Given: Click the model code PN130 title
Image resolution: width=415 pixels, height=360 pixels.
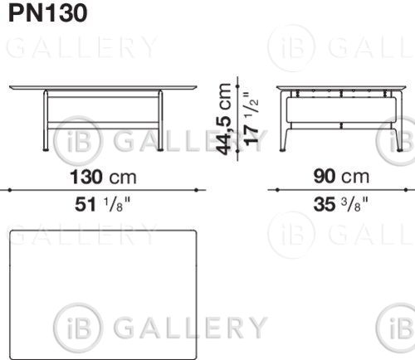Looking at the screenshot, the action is (x=48, y=13).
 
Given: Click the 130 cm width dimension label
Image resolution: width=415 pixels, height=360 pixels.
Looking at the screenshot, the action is (x=103, y=178).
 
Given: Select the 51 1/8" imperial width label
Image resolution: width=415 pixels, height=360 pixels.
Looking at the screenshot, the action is (x=102, y=205).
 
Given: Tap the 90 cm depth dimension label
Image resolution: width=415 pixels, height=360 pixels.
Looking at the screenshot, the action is (x=341, y=177).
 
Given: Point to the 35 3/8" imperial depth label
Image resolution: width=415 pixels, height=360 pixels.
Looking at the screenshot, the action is (x=341, y=204).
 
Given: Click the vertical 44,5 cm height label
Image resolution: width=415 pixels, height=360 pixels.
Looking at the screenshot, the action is (x=224, y=119).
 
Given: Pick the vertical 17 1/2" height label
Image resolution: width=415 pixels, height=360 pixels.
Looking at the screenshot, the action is (x=251, y=119).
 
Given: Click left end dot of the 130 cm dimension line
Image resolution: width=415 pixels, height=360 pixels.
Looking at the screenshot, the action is (x=10, y=190).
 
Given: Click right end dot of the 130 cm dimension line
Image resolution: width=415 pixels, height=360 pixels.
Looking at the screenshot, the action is (x=196, y=190).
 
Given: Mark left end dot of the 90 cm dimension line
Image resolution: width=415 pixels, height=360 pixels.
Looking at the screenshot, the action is (x=277, y=190).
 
